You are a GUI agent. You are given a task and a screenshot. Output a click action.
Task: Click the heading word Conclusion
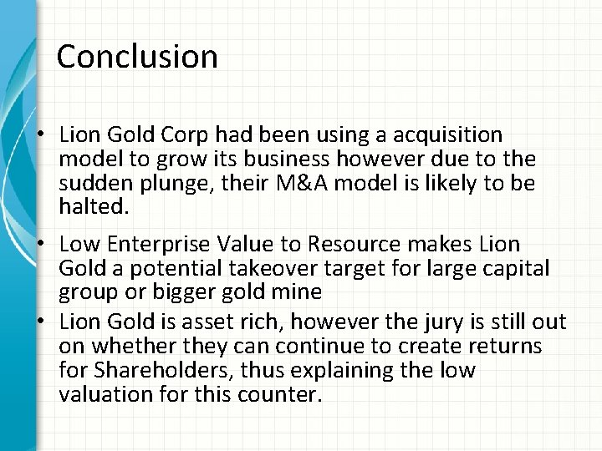coord(137,57)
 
